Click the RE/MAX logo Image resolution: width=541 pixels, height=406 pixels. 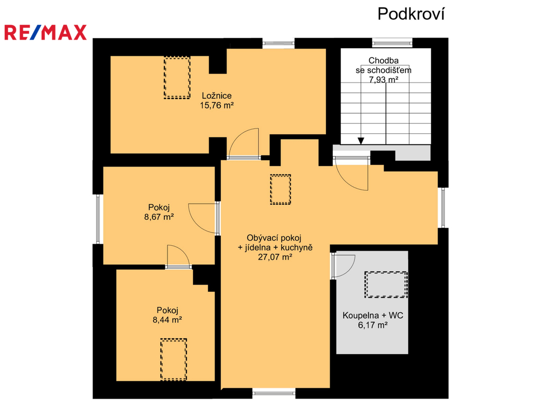point(45,32)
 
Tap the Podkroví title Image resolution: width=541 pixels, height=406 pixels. point(411,14)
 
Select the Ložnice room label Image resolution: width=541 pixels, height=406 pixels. point(217,96)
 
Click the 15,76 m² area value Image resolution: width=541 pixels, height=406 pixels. point(217,105)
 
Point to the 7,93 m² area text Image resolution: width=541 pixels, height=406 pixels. point(384,80)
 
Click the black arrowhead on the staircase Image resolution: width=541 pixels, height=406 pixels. point(360,141)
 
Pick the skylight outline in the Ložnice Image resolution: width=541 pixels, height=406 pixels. point(177,78)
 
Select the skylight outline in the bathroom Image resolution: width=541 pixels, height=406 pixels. point(386,284)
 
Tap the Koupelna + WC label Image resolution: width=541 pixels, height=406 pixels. point(372,315)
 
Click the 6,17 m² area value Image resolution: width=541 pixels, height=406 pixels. point(372,325)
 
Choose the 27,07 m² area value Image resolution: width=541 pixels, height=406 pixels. point(275,257)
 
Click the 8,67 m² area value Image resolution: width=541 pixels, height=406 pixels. point(158,217)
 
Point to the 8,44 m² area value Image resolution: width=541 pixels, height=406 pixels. point(167,320)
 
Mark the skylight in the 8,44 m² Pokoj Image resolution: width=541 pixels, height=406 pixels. point(173,359)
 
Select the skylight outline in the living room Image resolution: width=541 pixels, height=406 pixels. point(281,189)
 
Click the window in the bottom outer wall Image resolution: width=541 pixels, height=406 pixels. point(274,392)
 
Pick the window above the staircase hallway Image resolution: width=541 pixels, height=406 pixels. point(393,43)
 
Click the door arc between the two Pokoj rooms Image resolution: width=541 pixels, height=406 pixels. point(182,251)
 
